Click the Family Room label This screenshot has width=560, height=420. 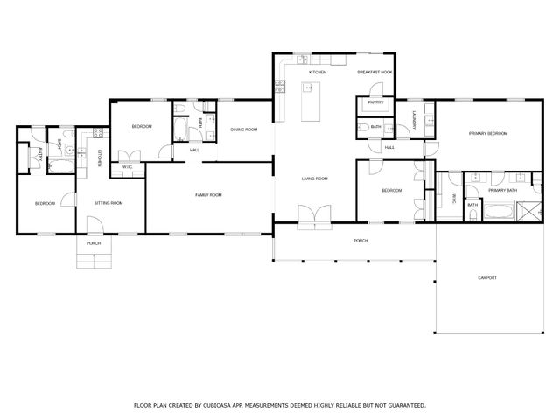208,194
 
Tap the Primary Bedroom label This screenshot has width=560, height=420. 488,133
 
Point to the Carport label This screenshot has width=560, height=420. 487,278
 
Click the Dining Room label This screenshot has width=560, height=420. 244,129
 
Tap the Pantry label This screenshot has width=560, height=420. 376,102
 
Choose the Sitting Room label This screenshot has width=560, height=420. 108,203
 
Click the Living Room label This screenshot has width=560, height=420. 314,178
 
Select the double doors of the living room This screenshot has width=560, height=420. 314,214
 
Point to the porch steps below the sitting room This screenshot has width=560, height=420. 93,260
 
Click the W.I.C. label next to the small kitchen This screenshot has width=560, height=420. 127,166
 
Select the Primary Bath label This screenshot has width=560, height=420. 502,190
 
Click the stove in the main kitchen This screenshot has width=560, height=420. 282,86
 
